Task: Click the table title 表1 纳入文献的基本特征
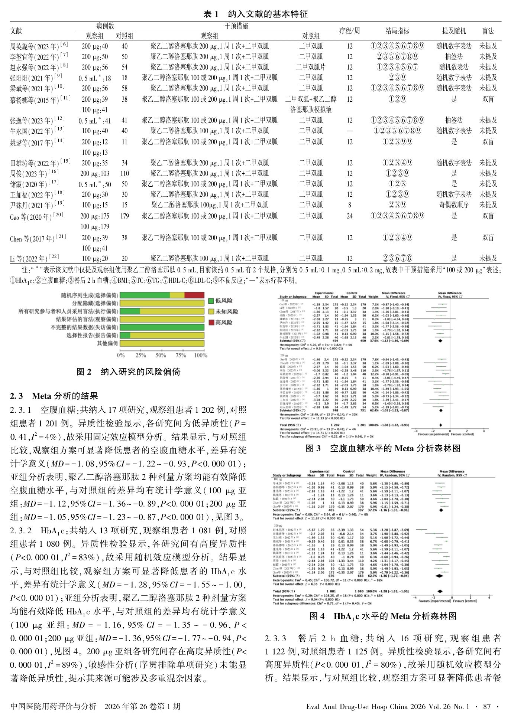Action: tap(255, 14)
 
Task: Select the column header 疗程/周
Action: tap(349, 31)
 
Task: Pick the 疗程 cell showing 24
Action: tap(349, 216)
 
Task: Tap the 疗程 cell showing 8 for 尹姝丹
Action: tap(349, 205)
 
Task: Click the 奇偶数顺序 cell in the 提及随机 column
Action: tap(454, 205)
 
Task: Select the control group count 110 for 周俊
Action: tap(124, 173)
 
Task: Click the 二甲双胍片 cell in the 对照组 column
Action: tap(311, 67)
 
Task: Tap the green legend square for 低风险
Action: tap(211, 301)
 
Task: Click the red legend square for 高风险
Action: tap(211, 323)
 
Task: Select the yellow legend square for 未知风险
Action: tap(211, 312)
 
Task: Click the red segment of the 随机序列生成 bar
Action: tap(194, 295)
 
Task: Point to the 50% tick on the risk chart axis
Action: tap(161, 355)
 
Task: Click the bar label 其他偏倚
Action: tap(107, 343)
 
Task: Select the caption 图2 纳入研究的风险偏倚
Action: tap(128, 372)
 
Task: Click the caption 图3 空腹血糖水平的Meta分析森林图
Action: tap(383, 448)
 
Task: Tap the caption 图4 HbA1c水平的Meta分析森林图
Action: tap(383, 616)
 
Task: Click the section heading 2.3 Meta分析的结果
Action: tap(54, 396)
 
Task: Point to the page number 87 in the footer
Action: tap(487, 706)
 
